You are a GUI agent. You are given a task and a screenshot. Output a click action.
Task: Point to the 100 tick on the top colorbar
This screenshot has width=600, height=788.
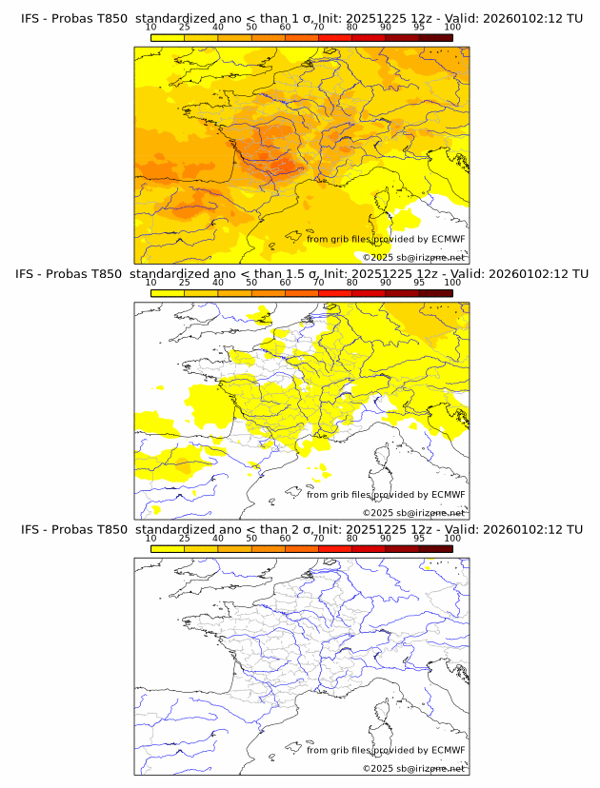tap(452, 27)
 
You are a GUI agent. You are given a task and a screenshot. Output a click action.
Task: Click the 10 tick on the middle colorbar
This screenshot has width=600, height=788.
tap(151, 283)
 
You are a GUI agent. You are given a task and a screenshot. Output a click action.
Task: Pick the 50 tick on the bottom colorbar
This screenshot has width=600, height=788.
tap(251, 539)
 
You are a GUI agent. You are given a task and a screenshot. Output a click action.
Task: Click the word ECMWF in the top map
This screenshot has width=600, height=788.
tap(449, 239)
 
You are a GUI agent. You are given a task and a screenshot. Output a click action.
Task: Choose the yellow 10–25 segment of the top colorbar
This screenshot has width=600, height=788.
tap(168, 37)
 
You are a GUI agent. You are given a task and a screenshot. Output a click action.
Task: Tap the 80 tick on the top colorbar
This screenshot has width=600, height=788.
tap(352, 27)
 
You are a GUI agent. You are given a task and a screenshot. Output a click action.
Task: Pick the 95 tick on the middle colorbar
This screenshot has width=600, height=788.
tap(419, 283)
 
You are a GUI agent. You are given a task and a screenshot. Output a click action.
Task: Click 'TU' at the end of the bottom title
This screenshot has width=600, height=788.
tap(574, 529)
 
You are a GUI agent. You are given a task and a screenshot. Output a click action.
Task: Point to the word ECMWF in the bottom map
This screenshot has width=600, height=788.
tap(449, 750)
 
